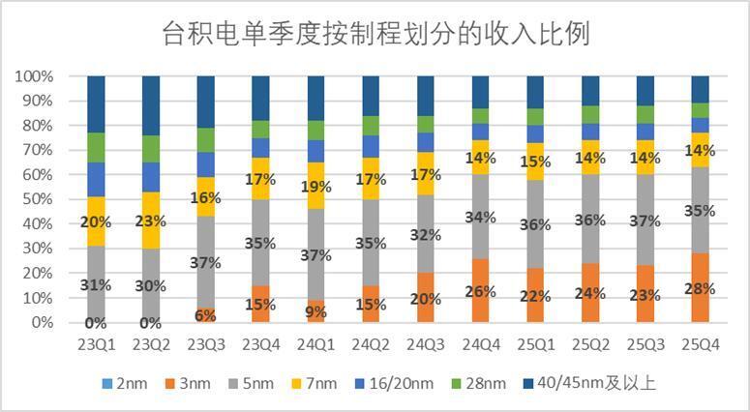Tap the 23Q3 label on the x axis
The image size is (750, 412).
click(206, 343)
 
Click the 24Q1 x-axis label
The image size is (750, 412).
click(316, 343)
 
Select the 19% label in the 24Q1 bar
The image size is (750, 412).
click(316, 188)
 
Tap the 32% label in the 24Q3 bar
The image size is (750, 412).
click(425, 233)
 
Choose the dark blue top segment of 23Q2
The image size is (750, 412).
click(151, 104)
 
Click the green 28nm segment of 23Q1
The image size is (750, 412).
click(96, 147)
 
